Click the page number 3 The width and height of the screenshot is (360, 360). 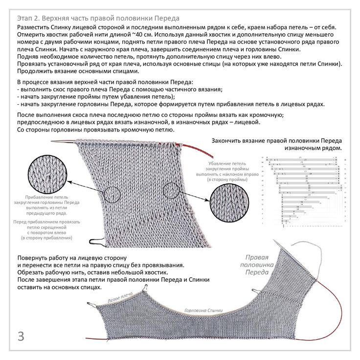click(x=21, y=337)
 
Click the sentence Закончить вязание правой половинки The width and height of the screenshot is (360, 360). click(x=277, y=141)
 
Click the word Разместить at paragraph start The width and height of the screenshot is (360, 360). click(x=33, y=27)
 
